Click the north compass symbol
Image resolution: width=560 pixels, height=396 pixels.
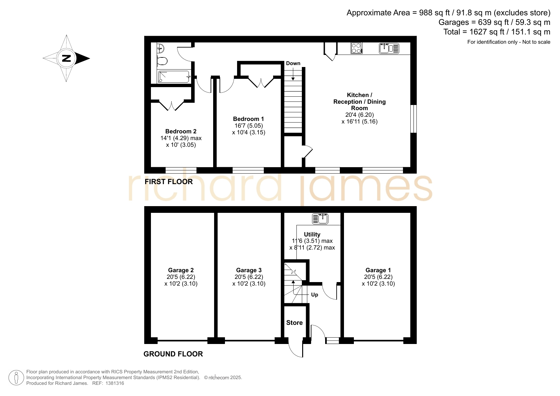coord(66,58)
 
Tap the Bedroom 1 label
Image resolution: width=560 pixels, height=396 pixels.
coord(249,119)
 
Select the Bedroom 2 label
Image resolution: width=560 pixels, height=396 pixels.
coord(181,131)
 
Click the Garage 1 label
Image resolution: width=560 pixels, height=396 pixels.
coord(378,270)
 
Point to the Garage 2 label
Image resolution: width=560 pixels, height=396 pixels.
coord(181,270)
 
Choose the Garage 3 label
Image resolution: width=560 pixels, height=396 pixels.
coord(249,270)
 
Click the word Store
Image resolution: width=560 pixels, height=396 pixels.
coord(295,323)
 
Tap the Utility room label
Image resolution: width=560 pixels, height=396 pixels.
coord(312,235)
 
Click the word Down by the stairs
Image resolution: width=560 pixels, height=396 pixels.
coord(293,63)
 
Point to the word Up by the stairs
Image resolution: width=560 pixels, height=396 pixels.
coord(315,295)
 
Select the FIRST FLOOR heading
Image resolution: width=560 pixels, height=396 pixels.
coord(169,182)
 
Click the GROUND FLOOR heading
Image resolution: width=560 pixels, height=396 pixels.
coord(173,354)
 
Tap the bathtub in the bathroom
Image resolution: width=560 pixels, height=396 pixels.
coord(174,77)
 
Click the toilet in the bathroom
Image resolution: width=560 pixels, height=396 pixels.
coord(162,61)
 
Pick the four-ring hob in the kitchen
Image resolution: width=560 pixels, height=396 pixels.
coord(356,48)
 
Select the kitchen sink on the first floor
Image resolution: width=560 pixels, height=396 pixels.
coord(389,48)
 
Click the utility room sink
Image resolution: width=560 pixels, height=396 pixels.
coord(320,219)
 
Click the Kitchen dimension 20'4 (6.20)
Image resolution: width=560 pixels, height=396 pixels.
coord(360,115)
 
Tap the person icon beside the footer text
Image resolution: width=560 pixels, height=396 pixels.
coord(16,378)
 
